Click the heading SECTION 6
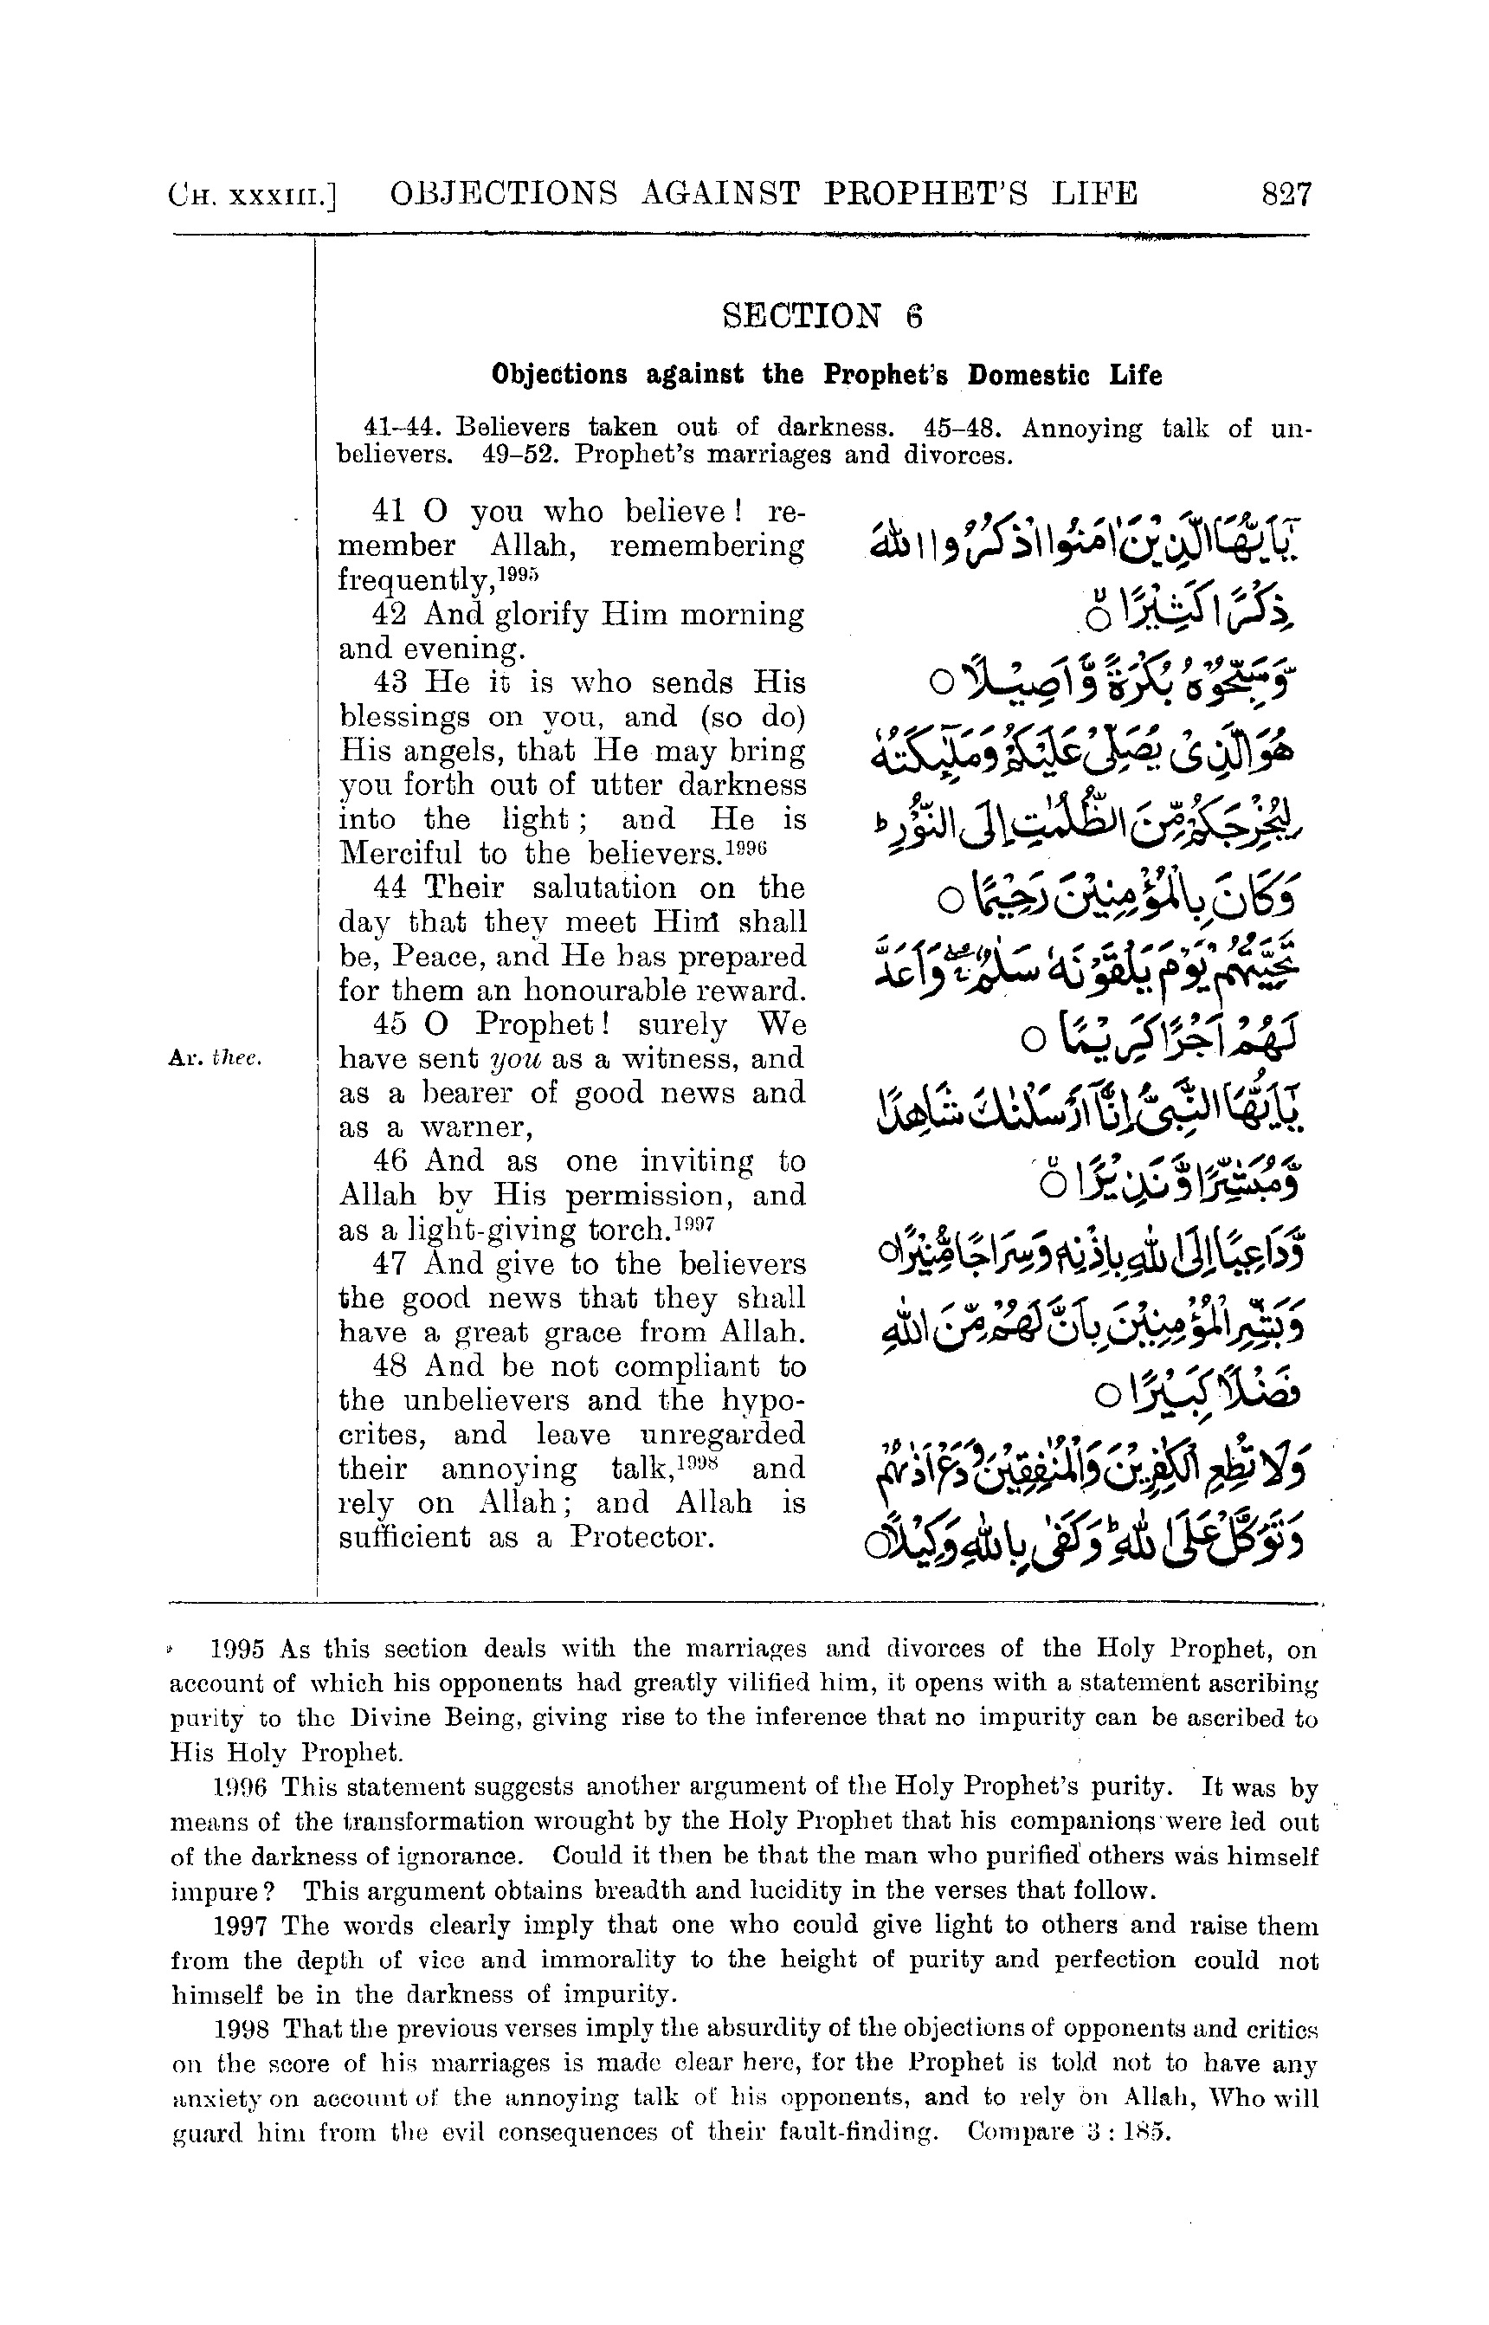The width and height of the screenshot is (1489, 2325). coord(822,316)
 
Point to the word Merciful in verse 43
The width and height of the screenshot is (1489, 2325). coord(399,854)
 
